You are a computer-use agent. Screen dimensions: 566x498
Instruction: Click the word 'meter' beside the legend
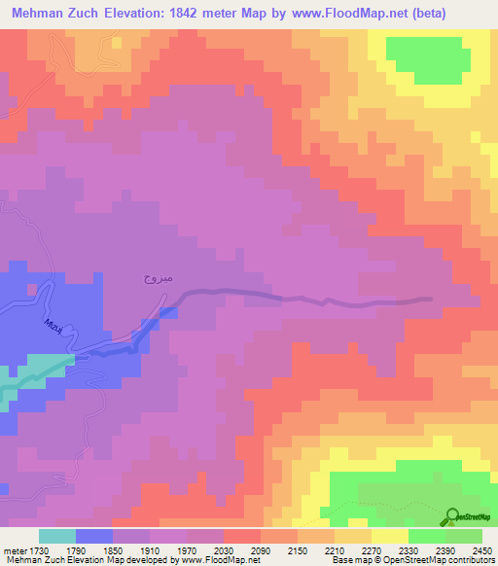tap(13, 549)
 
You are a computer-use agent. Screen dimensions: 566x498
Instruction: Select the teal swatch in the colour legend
tap(56, 536)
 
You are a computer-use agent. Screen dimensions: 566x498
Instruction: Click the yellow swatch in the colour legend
tap(389, 536)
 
